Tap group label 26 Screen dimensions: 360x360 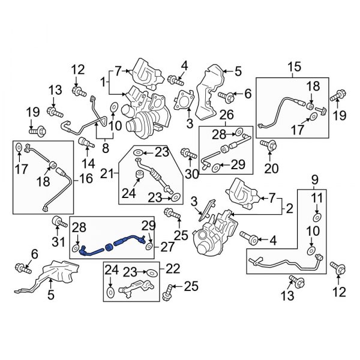point(226,114)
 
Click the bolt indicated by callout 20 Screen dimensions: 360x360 point(267,145)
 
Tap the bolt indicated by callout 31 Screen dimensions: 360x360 point(58,222)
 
